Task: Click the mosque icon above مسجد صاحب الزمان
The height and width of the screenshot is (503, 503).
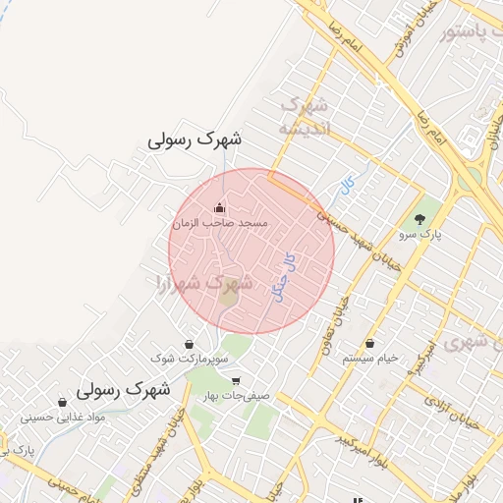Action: (218, 207)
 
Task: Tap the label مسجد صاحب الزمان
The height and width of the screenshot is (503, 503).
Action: (220, 224)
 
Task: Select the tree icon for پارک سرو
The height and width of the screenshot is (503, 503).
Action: (421, 218)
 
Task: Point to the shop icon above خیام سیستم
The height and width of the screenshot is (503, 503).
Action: (370, 344)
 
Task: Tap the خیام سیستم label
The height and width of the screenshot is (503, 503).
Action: (370, 360)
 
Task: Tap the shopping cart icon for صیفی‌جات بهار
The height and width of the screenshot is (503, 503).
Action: (235, 381)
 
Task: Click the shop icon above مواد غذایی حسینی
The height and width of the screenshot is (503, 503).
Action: (63, 402)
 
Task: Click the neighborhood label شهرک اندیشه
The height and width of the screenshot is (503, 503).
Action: (304, 116)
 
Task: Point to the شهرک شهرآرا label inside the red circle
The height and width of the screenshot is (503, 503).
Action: (205, 283)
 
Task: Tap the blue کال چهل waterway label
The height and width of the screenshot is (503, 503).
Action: (288, 276)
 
